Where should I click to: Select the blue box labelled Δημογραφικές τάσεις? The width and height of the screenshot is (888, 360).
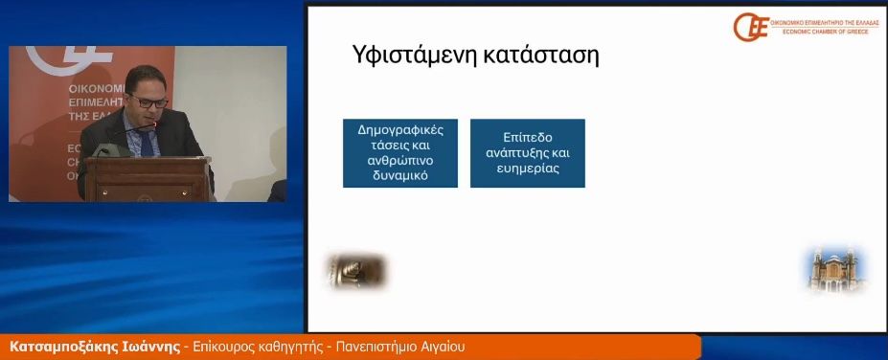[x=400, y=152]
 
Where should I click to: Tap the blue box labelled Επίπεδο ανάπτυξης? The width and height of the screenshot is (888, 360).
[x=527, y=152]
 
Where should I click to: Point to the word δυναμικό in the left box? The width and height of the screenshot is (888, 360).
[x=400, y=177]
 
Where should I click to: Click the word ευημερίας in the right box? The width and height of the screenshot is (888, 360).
[x=527, y=169]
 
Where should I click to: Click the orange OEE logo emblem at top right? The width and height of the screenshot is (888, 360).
[x=751, y=27]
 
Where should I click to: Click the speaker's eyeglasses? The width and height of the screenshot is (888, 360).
[x=149, y=99]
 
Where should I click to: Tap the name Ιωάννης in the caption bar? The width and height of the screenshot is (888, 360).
[x=148, y=346]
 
